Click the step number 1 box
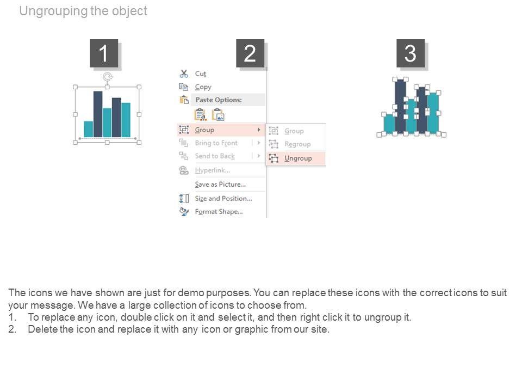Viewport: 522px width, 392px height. [104, 53]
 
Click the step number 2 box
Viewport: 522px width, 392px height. [250, 53]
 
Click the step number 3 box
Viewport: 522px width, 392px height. [411, 53]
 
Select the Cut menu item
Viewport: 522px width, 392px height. [201, 73]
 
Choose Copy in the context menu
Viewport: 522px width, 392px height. [203, 87]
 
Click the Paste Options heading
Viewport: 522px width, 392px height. [219, 100]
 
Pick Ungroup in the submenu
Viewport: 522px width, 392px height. [298, 158]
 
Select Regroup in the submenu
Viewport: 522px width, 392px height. [297, 144]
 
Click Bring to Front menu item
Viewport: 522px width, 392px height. [216, 143]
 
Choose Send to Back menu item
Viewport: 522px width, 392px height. [215, 156]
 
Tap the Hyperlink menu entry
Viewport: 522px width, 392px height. [213, 170]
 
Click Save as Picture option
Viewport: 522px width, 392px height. [220, 185]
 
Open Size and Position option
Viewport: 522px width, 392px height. [223, 199]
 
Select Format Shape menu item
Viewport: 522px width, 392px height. [219, 212]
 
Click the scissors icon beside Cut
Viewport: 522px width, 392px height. [184, 73]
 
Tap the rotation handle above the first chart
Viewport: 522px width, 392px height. [107, 77]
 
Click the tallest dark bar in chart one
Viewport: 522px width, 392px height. [98, 114]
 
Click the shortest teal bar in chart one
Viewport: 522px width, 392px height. [89, 129]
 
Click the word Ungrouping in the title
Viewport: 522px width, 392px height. [53, 11]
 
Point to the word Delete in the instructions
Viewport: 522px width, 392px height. [42, 329]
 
